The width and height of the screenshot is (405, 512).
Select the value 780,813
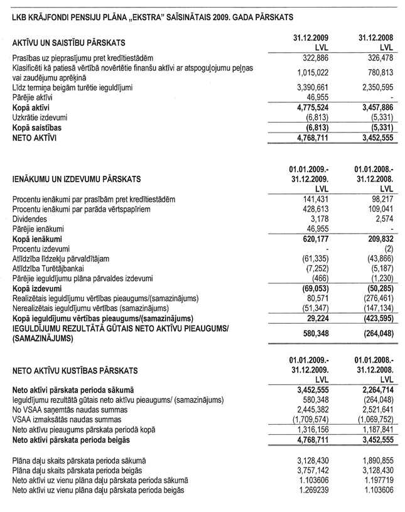pos(377,71)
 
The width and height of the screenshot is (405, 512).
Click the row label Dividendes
pos(29,218)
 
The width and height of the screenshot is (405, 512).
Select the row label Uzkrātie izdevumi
pos(40,117)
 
